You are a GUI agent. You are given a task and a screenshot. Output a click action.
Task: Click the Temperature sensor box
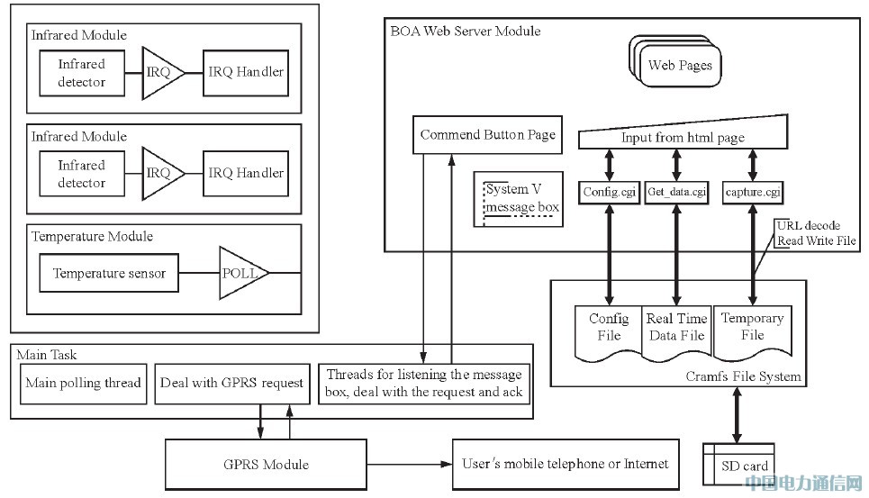pos(109,273)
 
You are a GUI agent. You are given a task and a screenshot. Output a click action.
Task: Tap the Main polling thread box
pos(83,383)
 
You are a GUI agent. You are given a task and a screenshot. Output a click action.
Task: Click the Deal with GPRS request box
pos(232,383)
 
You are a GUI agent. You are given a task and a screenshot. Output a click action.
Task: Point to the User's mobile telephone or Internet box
pos(566,464)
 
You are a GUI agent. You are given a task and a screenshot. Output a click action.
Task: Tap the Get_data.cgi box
pos(676,191)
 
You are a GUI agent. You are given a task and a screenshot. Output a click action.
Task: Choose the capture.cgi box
pos(752,191)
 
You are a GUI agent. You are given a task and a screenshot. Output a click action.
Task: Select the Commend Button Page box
pos(487,135)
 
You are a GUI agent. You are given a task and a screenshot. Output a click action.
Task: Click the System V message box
pos(522,199)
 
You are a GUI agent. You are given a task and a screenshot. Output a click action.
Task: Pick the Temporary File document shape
pos(753,330)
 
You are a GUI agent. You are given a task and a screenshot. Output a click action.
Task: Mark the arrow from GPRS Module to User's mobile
pos(411,465)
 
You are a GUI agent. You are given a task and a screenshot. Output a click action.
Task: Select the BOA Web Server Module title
pos(466,32)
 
